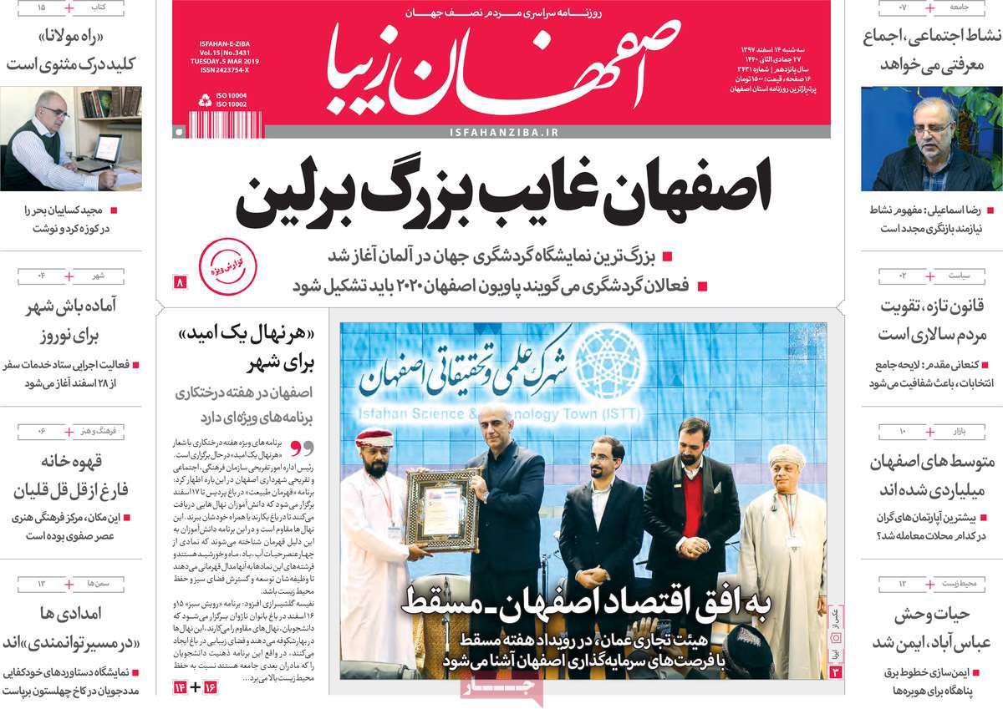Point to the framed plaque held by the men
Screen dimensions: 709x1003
point(441,509)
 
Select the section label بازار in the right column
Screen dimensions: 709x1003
point(958,432)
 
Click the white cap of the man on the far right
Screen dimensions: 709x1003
point(786,455)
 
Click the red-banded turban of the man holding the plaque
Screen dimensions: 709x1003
point(374,438)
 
